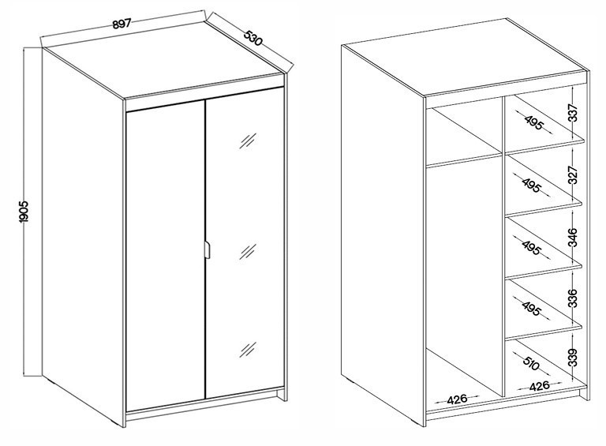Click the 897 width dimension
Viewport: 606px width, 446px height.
click(x=122, y=24)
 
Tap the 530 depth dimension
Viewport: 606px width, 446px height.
click(x=253, y=37)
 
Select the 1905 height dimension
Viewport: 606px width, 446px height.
click(x=23, y=212)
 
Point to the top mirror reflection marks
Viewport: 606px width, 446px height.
click(x=248, y=141)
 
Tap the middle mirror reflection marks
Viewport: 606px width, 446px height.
click(x=248, y=252)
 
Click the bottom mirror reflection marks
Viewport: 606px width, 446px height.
click(x=248, y=350)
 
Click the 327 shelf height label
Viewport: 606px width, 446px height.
click(x=574, y=175)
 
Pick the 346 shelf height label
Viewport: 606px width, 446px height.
click(x=574, y=238)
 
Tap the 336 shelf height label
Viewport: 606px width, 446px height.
click(x=574, y=298)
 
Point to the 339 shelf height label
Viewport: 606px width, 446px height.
click(x=574, y=358)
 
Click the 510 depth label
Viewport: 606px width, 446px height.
click(x=531, y=363)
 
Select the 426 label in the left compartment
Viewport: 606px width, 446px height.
click(x=457, y=399)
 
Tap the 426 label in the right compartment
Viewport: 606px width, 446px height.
click(x=539, y=386)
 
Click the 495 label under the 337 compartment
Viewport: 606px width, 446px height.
click(x=533, y=122)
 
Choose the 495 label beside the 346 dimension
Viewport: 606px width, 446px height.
click(x=531, y=247)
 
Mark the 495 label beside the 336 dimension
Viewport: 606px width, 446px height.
click(x=531, y=308)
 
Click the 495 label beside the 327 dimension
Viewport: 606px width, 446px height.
click(x=531, y=186)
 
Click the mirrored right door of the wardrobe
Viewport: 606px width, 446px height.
click(x=245, y=243)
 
